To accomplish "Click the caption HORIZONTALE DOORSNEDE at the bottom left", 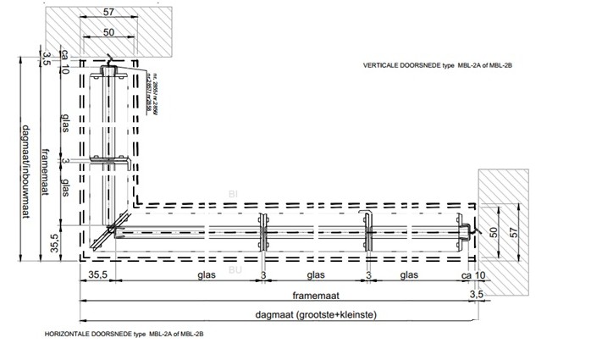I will [122, 335].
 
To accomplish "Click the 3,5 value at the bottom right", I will [477, 293].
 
